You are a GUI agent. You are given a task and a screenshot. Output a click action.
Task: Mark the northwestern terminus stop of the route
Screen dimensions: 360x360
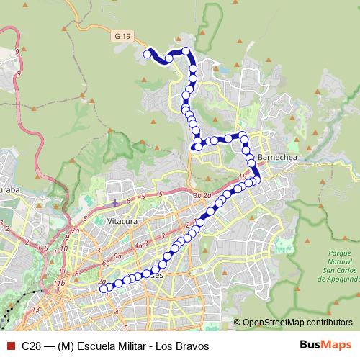click(x=148, y=53)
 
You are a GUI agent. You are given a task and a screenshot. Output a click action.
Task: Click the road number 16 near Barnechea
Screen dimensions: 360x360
click(x=243, y=176)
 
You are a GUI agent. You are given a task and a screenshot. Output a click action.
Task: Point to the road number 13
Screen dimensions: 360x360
click(x=35, y=309)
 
